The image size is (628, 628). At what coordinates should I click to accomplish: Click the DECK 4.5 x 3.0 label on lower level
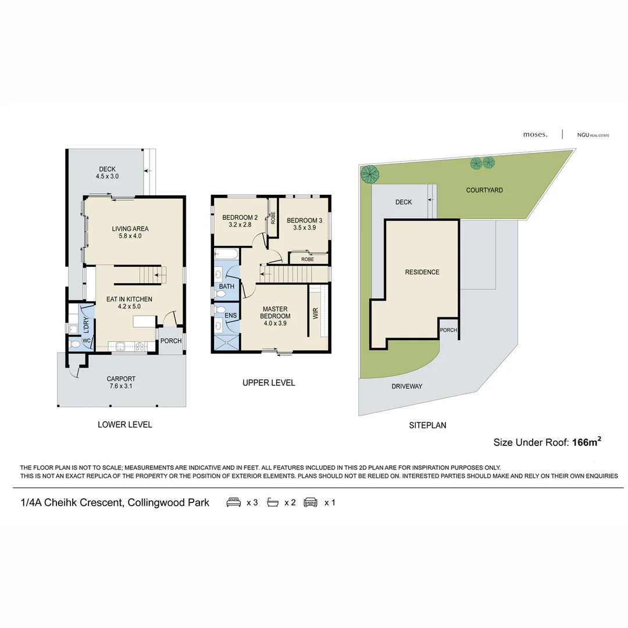coord(107,173)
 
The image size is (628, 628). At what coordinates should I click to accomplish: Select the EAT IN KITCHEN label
coord(129,302)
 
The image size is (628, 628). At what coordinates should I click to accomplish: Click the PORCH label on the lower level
coord(171,341)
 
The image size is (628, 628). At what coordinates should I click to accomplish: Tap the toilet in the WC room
coord(74,344)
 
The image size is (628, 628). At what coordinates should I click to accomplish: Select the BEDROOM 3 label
coord(304,224)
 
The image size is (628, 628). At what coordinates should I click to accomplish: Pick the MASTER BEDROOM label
coord(276,312)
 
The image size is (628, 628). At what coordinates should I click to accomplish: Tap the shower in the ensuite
coord(226,342)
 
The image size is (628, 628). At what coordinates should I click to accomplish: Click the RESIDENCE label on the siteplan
coord(422,272)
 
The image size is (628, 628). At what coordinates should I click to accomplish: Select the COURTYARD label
coord(484,190)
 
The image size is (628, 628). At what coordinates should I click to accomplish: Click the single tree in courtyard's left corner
coord(369,173)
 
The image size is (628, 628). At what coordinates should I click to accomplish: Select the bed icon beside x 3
coord(234,502)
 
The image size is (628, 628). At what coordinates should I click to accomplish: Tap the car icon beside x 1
coord(311,502)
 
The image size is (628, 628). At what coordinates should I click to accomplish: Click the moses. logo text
coord(535,134)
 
